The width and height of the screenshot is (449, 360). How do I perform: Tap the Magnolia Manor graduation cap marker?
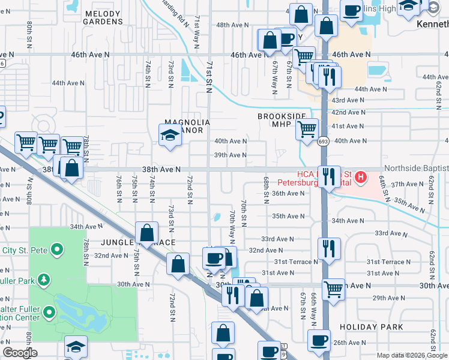click(170, 135)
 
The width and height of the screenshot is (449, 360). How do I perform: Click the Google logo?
click(20, 353)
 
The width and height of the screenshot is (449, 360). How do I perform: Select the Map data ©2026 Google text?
click(412, 355)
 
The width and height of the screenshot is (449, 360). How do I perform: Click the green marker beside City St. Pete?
click(57, 248)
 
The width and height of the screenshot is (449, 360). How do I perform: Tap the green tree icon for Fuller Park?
click(44, 280)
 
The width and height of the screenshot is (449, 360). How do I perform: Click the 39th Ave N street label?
click(231, 155)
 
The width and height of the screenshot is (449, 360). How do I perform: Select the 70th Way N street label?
click(232, 223)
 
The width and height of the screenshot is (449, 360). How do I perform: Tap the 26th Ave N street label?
click(349, 343)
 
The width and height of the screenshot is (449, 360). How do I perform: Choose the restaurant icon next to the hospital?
click(328, 176)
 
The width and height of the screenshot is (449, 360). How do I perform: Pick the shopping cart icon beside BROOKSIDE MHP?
click(307, 128)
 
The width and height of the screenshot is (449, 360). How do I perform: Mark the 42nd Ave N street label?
click(349, 112)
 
